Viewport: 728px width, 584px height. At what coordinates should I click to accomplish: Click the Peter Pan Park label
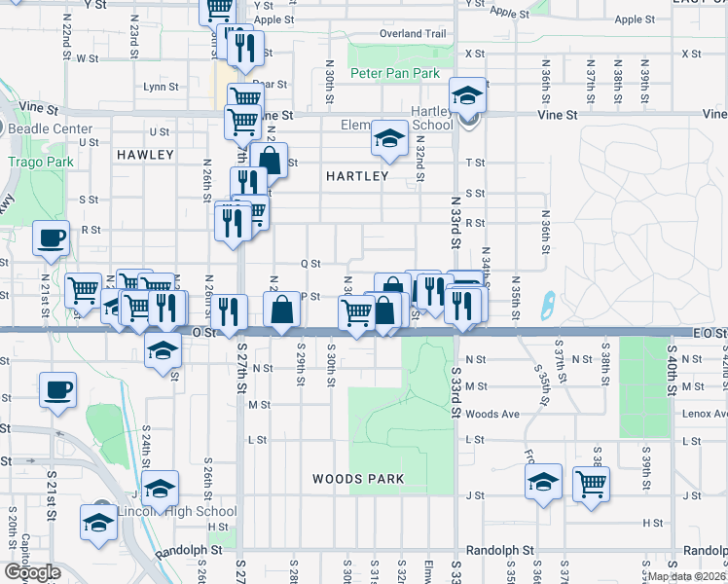click(x=395, y=74)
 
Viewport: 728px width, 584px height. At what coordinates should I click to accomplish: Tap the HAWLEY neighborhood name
click(x=144, y=155)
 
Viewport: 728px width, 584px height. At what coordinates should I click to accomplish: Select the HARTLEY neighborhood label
click(x=357, y=176)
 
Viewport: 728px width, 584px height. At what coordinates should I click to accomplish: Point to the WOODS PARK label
click(x=358, y=479)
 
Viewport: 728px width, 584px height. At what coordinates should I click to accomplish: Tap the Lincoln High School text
click(x=176, y=511)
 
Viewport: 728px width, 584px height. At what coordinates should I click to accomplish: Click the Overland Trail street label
click(x=413, y=33)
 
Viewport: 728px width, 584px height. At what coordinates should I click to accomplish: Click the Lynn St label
click(x=161, y=87)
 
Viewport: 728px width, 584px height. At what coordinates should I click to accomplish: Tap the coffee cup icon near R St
click(x=51, y=237)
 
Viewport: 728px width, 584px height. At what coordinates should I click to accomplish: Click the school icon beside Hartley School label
click(x=467, y=96)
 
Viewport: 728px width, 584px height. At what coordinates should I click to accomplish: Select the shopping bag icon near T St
click(x=269, y=160)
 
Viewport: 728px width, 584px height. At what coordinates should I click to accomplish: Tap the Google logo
click(x=32, y=572)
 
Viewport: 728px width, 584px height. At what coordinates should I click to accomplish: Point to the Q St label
click(x=310, y=264)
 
